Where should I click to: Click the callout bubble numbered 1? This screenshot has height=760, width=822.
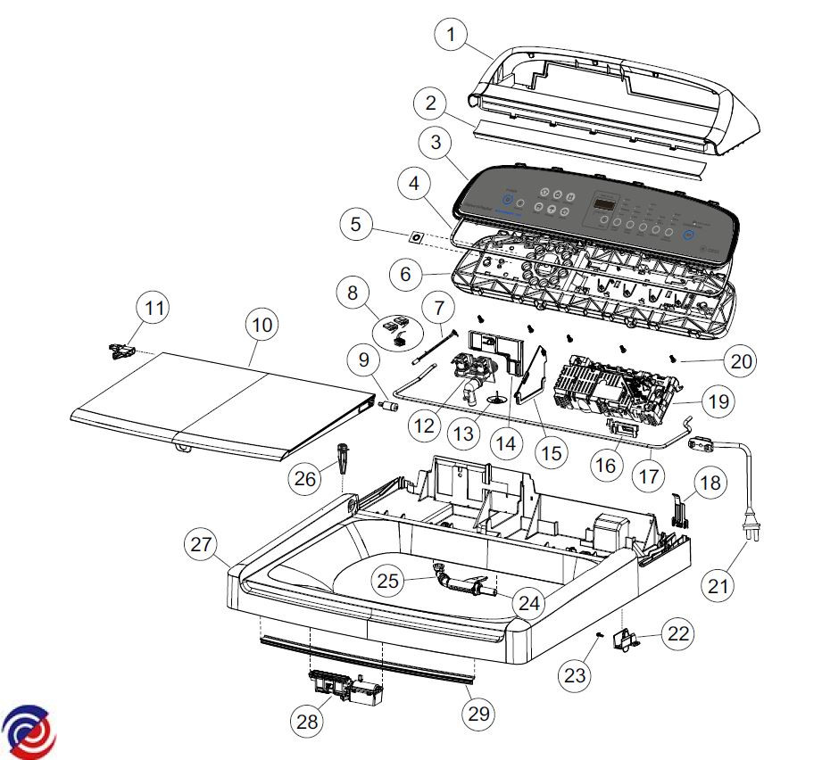pos(451,36)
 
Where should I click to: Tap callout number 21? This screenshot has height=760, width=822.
pos(719,586)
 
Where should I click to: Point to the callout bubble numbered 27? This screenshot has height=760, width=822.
pos(202,545)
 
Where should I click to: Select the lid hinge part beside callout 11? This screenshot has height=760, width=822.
pos(120,349)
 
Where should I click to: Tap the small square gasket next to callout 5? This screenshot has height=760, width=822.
pos(415,238)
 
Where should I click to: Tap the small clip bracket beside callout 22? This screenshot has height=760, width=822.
pos(631,640)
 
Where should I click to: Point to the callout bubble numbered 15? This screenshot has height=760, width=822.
pos(550,452)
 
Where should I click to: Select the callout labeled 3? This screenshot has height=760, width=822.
pos(435,142)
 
